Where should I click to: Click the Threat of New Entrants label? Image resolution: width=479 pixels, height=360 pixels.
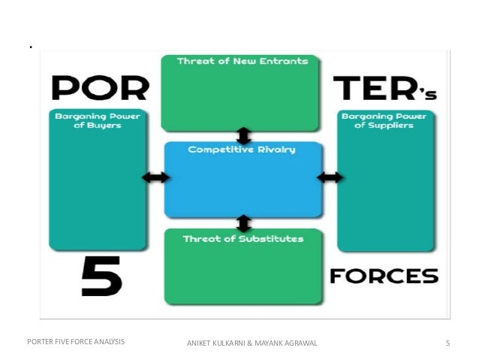click(242, 61)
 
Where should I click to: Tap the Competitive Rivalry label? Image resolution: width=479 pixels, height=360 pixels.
click(242, 150)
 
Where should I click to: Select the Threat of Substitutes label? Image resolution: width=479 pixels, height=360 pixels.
click(243, 239)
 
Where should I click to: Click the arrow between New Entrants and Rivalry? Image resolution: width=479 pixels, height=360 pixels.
click(243, 135)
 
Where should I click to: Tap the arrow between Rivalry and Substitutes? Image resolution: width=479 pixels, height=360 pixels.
click(243, 223)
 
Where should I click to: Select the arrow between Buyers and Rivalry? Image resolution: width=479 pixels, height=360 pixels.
click(155, 177)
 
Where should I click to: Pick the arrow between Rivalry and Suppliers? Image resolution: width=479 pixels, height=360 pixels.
click(330, 177)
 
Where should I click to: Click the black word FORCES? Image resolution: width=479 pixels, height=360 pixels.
click(384, 276)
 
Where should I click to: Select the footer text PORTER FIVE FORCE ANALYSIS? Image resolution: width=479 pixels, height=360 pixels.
click(76, 343)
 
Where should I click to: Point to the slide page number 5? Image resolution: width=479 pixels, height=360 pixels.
click(447, 343)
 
